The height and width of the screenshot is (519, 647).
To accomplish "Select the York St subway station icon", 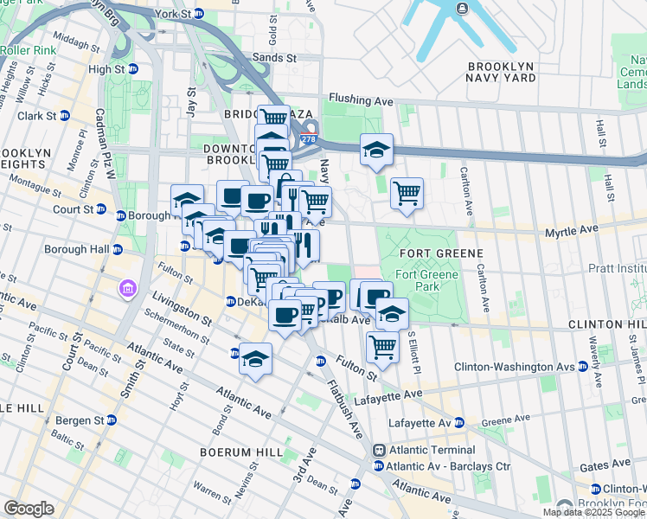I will [198, 15].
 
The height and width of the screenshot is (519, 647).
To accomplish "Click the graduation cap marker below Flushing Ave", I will [377, 151].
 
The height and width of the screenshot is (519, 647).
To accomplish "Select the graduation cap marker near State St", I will [255, 359].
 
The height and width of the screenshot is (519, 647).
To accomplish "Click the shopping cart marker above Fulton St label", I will [382, 347].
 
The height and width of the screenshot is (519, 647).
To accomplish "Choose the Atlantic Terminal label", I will [431, 450].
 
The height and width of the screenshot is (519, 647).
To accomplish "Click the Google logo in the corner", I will [29, 508].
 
